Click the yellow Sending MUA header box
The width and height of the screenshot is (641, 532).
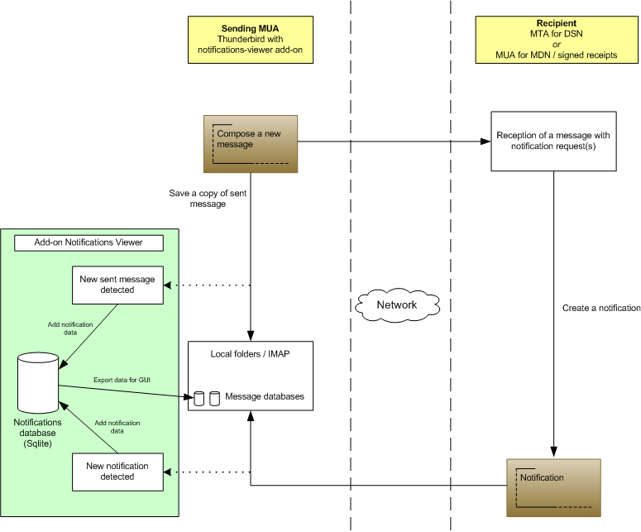pos(250,39)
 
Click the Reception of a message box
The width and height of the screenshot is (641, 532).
pos(553,141)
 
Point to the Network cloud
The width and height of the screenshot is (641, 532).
pos(396,304)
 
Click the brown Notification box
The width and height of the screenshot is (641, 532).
pos(554,487)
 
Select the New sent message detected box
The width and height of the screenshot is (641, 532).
pos(117,285)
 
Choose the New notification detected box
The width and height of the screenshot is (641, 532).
pos(117,472)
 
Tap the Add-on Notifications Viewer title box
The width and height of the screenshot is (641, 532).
pos(88,242)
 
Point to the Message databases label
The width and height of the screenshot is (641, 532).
pos(264,397)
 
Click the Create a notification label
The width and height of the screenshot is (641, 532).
pos(601,308)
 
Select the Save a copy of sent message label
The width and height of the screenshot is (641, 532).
pos(197,198)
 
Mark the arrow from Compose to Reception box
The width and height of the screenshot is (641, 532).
pos(389,141)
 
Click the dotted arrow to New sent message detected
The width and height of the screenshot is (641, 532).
pos(207,285)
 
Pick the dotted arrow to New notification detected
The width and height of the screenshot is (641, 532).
pos(207,472)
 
